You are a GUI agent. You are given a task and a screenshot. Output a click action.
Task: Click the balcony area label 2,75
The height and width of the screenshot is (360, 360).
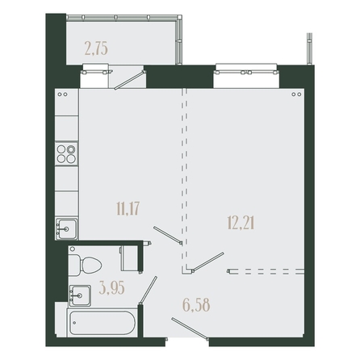click(96, 49)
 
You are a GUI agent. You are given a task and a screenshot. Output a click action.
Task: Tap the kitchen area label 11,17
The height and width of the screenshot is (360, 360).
click(128, 209)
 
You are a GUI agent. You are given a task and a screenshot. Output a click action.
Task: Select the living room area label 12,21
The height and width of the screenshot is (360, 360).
click(241, 223)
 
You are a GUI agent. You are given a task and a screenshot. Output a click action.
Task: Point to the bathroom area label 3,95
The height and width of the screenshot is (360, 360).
click(111, 287)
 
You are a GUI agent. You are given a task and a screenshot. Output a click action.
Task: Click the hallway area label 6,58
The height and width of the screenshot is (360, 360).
click(196, 305)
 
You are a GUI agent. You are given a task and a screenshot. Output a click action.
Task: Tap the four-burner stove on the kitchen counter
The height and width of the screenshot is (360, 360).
click(66, 154)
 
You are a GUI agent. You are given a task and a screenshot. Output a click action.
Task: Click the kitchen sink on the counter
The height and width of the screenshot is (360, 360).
click(66, 229)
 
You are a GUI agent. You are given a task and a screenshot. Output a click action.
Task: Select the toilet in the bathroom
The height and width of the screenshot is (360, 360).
click(85, 265)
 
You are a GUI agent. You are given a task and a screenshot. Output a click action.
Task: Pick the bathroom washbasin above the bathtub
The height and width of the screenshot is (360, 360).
click(80, 295)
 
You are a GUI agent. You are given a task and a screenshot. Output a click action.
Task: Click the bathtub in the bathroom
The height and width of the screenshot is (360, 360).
click(102, 323)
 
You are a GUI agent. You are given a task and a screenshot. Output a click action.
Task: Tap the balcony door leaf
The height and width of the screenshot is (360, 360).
click(130, 80)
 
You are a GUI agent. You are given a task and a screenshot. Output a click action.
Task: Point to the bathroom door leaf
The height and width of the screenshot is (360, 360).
click(148, 291)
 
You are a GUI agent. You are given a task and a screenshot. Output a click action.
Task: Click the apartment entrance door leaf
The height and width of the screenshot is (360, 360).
click(190, 329)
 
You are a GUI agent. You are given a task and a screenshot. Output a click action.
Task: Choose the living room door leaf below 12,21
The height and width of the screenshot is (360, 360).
click(207, 262)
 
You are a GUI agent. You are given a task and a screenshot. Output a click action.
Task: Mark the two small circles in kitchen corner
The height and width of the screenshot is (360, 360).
click(63, 94)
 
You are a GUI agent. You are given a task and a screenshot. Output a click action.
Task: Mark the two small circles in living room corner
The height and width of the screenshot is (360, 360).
click(296, 94)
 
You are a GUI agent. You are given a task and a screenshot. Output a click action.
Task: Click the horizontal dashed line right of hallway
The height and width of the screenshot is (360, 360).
click(266, 271)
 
